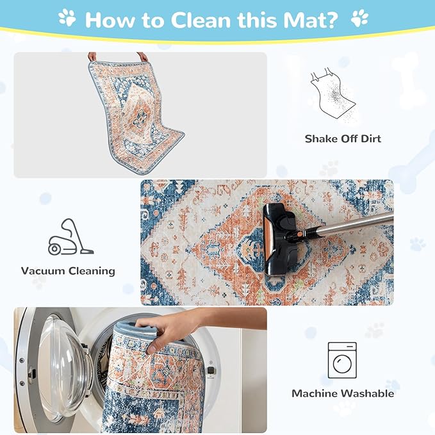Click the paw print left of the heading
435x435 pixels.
67,17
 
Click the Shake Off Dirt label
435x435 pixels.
343,138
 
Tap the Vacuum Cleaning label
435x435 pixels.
68,270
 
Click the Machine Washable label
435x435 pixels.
343,393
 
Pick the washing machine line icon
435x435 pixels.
342,360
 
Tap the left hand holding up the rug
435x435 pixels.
92,56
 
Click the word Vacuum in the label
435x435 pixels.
43,270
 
